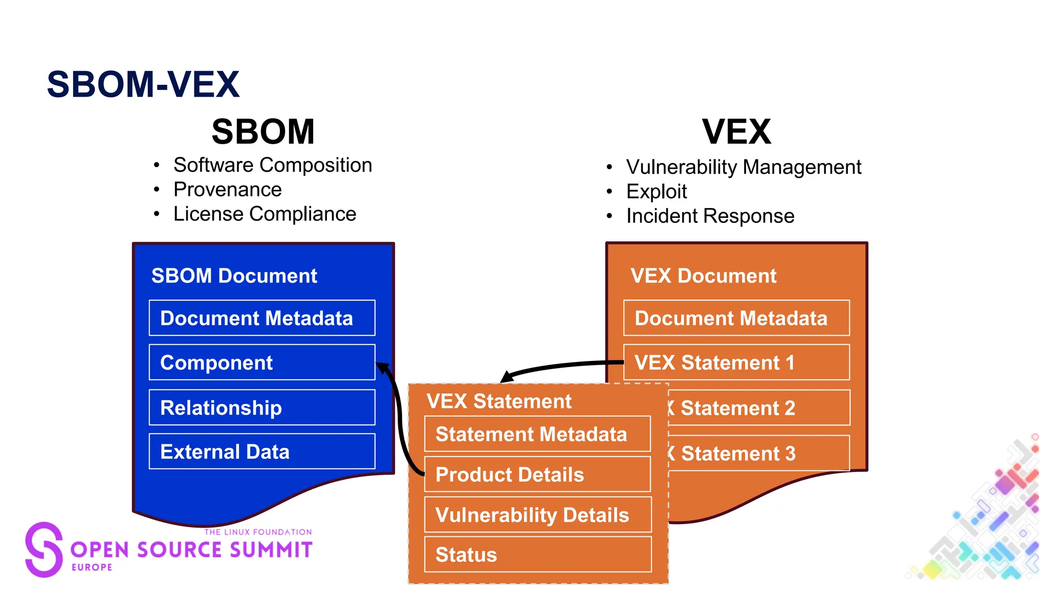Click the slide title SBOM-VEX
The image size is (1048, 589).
(x=143, y=84)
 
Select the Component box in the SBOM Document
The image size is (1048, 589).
(x=261, y=363)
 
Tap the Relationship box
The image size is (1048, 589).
(x=261, y=407)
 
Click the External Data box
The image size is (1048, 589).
(x=261, y=451)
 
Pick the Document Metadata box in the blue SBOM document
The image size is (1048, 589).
(x=261, y=318)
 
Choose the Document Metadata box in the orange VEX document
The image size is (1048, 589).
(x=736, y=318)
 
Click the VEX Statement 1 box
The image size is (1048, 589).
(x=736, y=363)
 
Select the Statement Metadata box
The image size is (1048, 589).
(x=537, y=434)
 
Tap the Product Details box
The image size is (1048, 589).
(x=537, y=474)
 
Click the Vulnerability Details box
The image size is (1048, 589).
(x=537, y=515)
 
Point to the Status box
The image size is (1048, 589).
(x=537, y=555)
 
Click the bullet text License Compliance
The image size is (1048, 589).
(x=265, y=214)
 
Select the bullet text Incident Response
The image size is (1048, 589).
(x=710, y=216)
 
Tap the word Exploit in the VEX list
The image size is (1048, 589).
(x=657, y=192)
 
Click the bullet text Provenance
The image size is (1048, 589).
(x=227, y=190)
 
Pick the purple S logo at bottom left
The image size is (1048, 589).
(x=44, y=549)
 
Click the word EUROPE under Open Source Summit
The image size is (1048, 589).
(x=92, y=567)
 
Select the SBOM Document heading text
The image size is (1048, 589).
(x=234, y=276)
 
